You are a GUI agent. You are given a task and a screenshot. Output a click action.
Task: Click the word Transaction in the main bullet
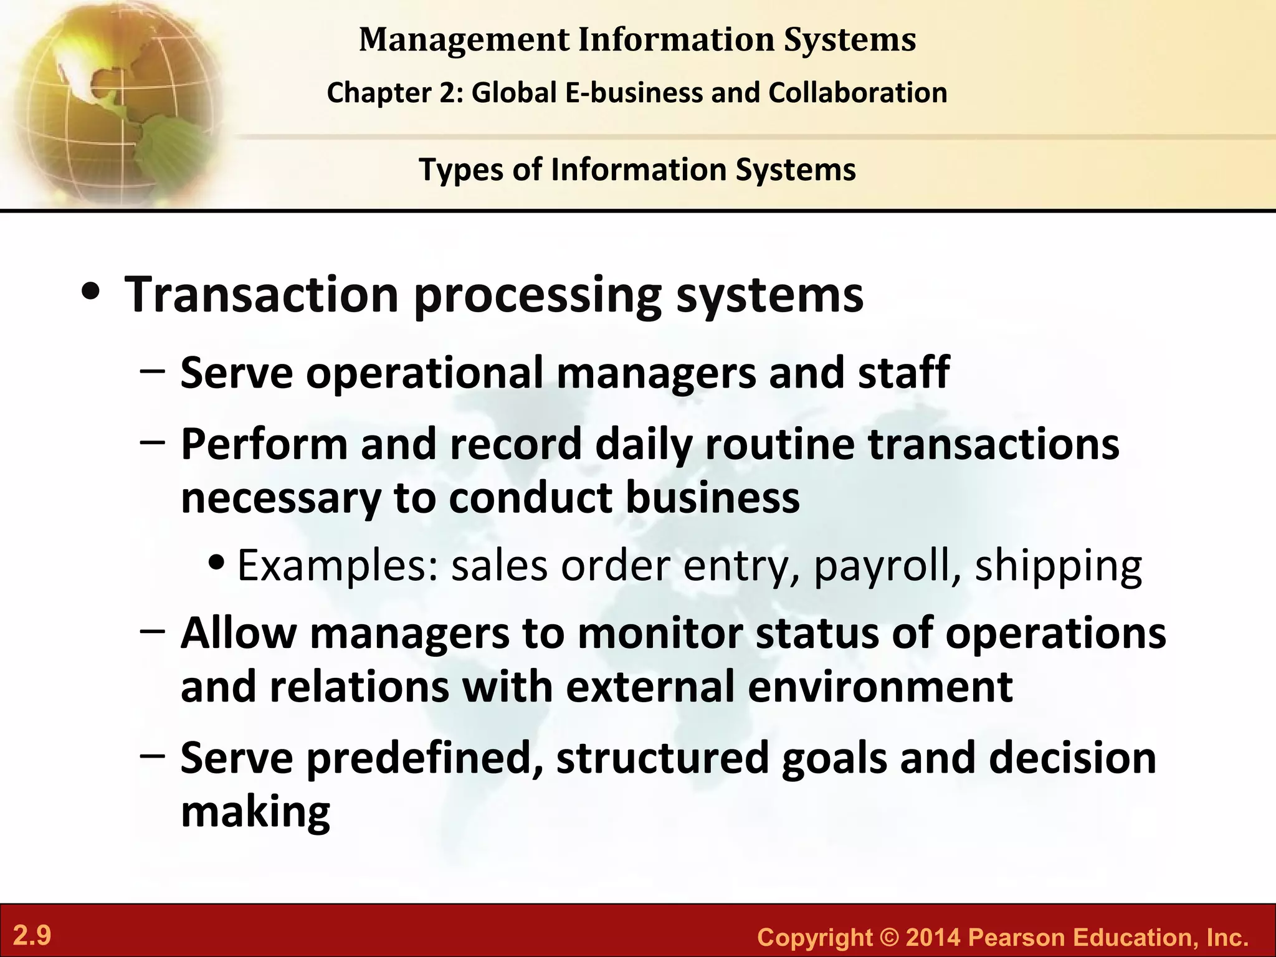pos(262,294)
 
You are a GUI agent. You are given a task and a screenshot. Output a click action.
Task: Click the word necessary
pos(280,498)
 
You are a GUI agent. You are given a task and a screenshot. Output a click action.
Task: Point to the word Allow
pos(238,633)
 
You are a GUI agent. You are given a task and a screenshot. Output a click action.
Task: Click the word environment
pos(880,687)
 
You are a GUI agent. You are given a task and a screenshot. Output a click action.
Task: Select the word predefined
pos(424,758)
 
